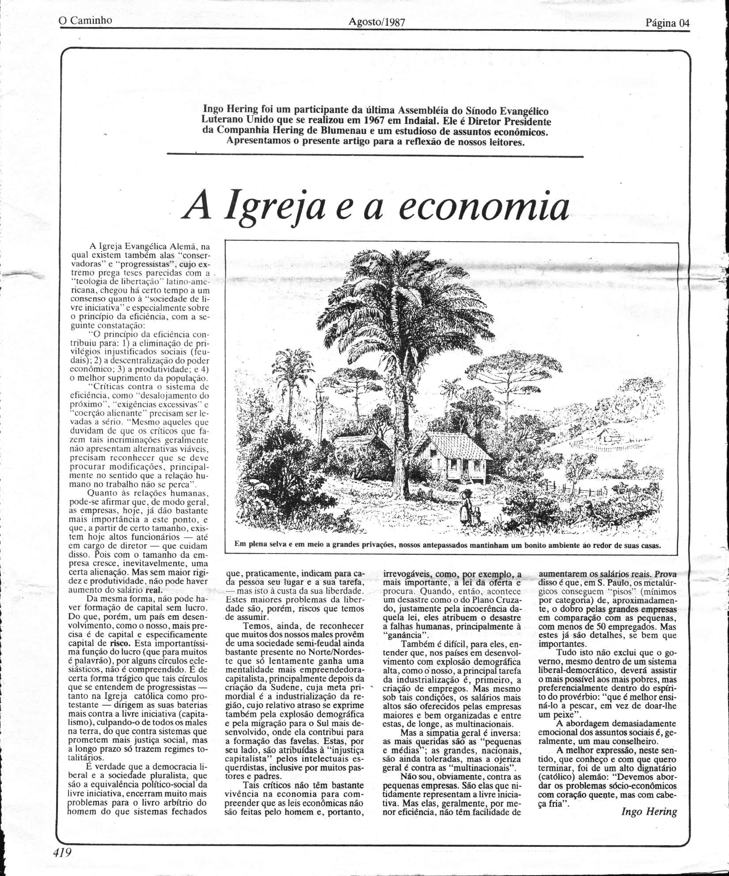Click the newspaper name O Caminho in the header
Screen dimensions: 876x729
click(x=86, y=20)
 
